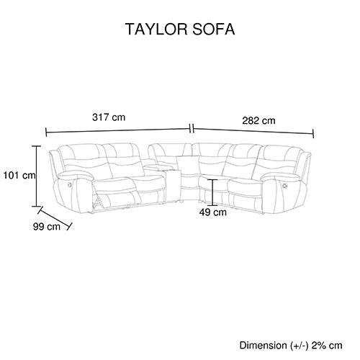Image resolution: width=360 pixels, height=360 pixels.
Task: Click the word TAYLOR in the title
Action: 156,30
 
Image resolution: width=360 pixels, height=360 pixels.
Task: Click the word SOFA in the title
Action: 214,30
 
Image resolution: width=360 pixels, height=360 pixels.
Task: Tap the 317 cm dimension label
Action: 109,117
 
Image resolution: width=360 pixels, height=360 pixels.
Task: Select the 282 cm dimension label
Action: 258,120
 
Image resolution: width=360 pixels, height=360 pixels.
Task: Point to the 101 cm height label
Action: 19,176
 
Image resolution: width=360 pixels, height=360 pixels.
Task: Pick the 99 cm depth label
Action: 47,226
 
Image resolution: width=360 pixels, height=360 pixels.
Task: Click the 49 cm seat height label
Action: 212,212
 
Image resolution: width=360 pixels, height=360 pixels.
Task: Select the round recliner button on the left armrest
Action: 70,184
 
